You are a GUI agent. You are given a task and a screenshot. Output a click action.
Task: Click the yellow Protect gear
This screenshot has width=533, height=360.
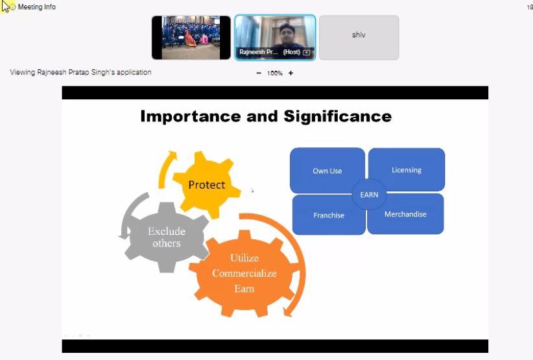pyautogui.click(x=207, y=185)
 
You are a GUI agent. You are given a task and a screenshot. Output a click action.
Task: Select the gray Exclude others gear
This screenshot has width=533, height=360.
pyautogui.click(x=167, y=237)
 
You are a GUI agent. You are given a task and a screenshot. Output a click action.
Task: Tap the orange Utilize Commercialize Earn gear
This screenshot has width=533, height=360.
pyautogui.click(x=244, y=273)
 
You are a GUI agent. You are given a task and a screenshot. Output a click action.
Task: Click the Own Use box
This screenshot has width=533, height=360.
pyautogui.click(x=327, y=171)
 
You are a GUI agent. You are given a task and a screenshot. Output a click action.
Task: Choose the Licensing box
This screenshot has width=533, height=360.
pyautogui.click(x=407, y=170)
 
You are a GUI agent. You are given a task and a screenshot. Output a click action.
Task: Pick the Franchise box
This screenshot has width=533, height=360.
pyautogui.click(x=328, y=215)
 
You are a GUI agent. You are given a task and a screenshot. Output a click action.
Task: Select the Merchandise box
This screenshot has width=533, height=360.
pyautogui.click(x=405, y=214)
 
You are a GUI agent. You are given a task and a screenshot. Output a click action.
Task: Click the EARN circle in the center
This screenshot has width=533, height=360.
pyautogui.click(x=369, y=195)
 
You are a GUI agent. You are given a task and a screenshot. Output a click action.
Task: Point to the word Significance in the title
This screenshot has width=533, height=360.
pyautogui.click(x=338, y=117)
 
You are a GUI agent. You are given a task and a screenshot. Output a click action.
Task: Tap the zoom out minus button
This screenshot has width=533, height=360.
pyautogui.click(x=259, y=73)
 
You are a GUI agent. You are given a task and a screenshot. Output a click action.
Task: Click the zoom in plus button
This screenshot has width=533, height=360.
pyautogui.click(x=290, y=73)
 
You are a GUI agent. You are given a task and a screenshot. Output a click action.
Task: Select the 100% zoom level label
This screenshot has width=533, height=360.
pyautogui.click(x=275, y=73)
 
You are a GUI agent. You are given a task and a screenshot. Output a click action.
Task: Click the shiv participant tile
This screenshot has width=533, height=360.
pyautogui.click(x=359, y=38)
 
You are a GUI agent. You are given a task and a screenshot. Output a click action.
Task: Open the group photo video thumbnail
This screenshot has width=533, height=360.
pyautogui.click(x=191, y=38)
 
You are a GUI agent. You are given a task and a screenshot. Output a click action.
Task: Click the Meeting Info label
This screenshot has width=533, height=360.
pyautogui.click(x=37, y=6)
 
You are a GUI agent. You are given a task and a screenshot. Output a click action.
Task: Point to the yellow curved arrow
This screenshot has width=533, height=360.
pyautogui.click(x=163, y=168)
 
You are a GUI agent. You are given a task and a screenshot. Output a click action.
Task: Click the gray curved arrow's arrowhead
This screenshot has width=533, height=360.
pyautogui.click(x=124, y=234)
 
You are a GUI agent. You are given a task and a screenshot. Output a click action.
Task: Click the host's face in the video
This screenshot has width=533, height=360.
pyautogui.click(x=287, y=33)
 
